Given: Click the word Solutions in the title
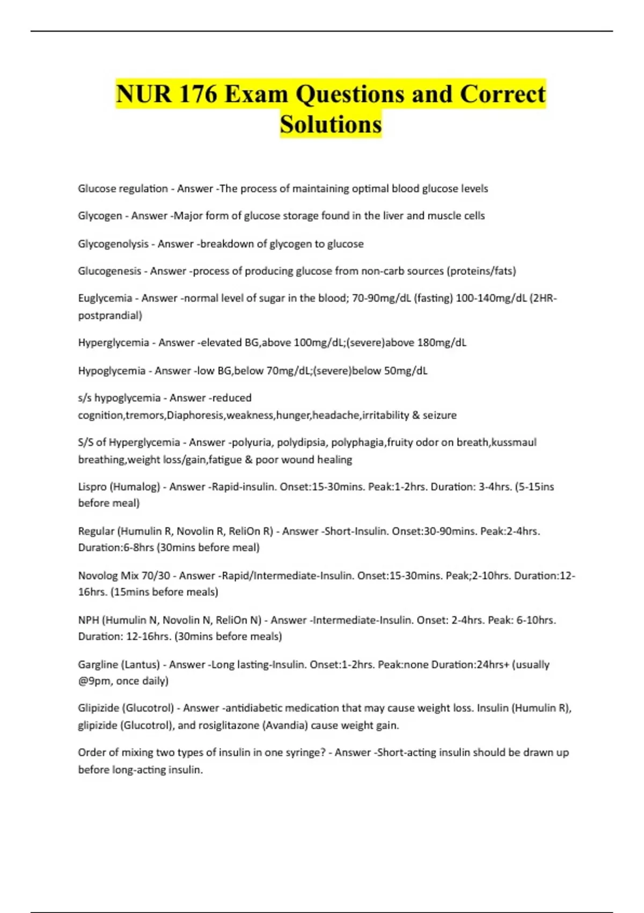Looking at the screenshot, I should (331, 125).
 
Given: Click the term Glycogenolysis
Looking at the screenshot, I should (113, 244).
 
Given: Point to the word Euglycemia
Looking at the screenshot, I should (105, 298).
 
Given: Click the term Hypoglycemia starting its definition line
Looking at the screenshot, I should (112, 371).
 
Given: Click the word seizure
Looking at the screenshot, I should (440, 415).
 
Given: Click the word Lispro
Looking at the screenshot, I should (92, 487).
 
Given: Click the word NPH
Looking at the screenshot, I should (89, 620).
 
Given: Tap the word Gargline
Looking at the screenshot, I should (98, 665).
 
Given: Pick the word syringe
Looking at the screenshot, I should (306, 752).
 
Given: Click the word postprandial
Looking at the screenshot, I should (110, 315).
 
